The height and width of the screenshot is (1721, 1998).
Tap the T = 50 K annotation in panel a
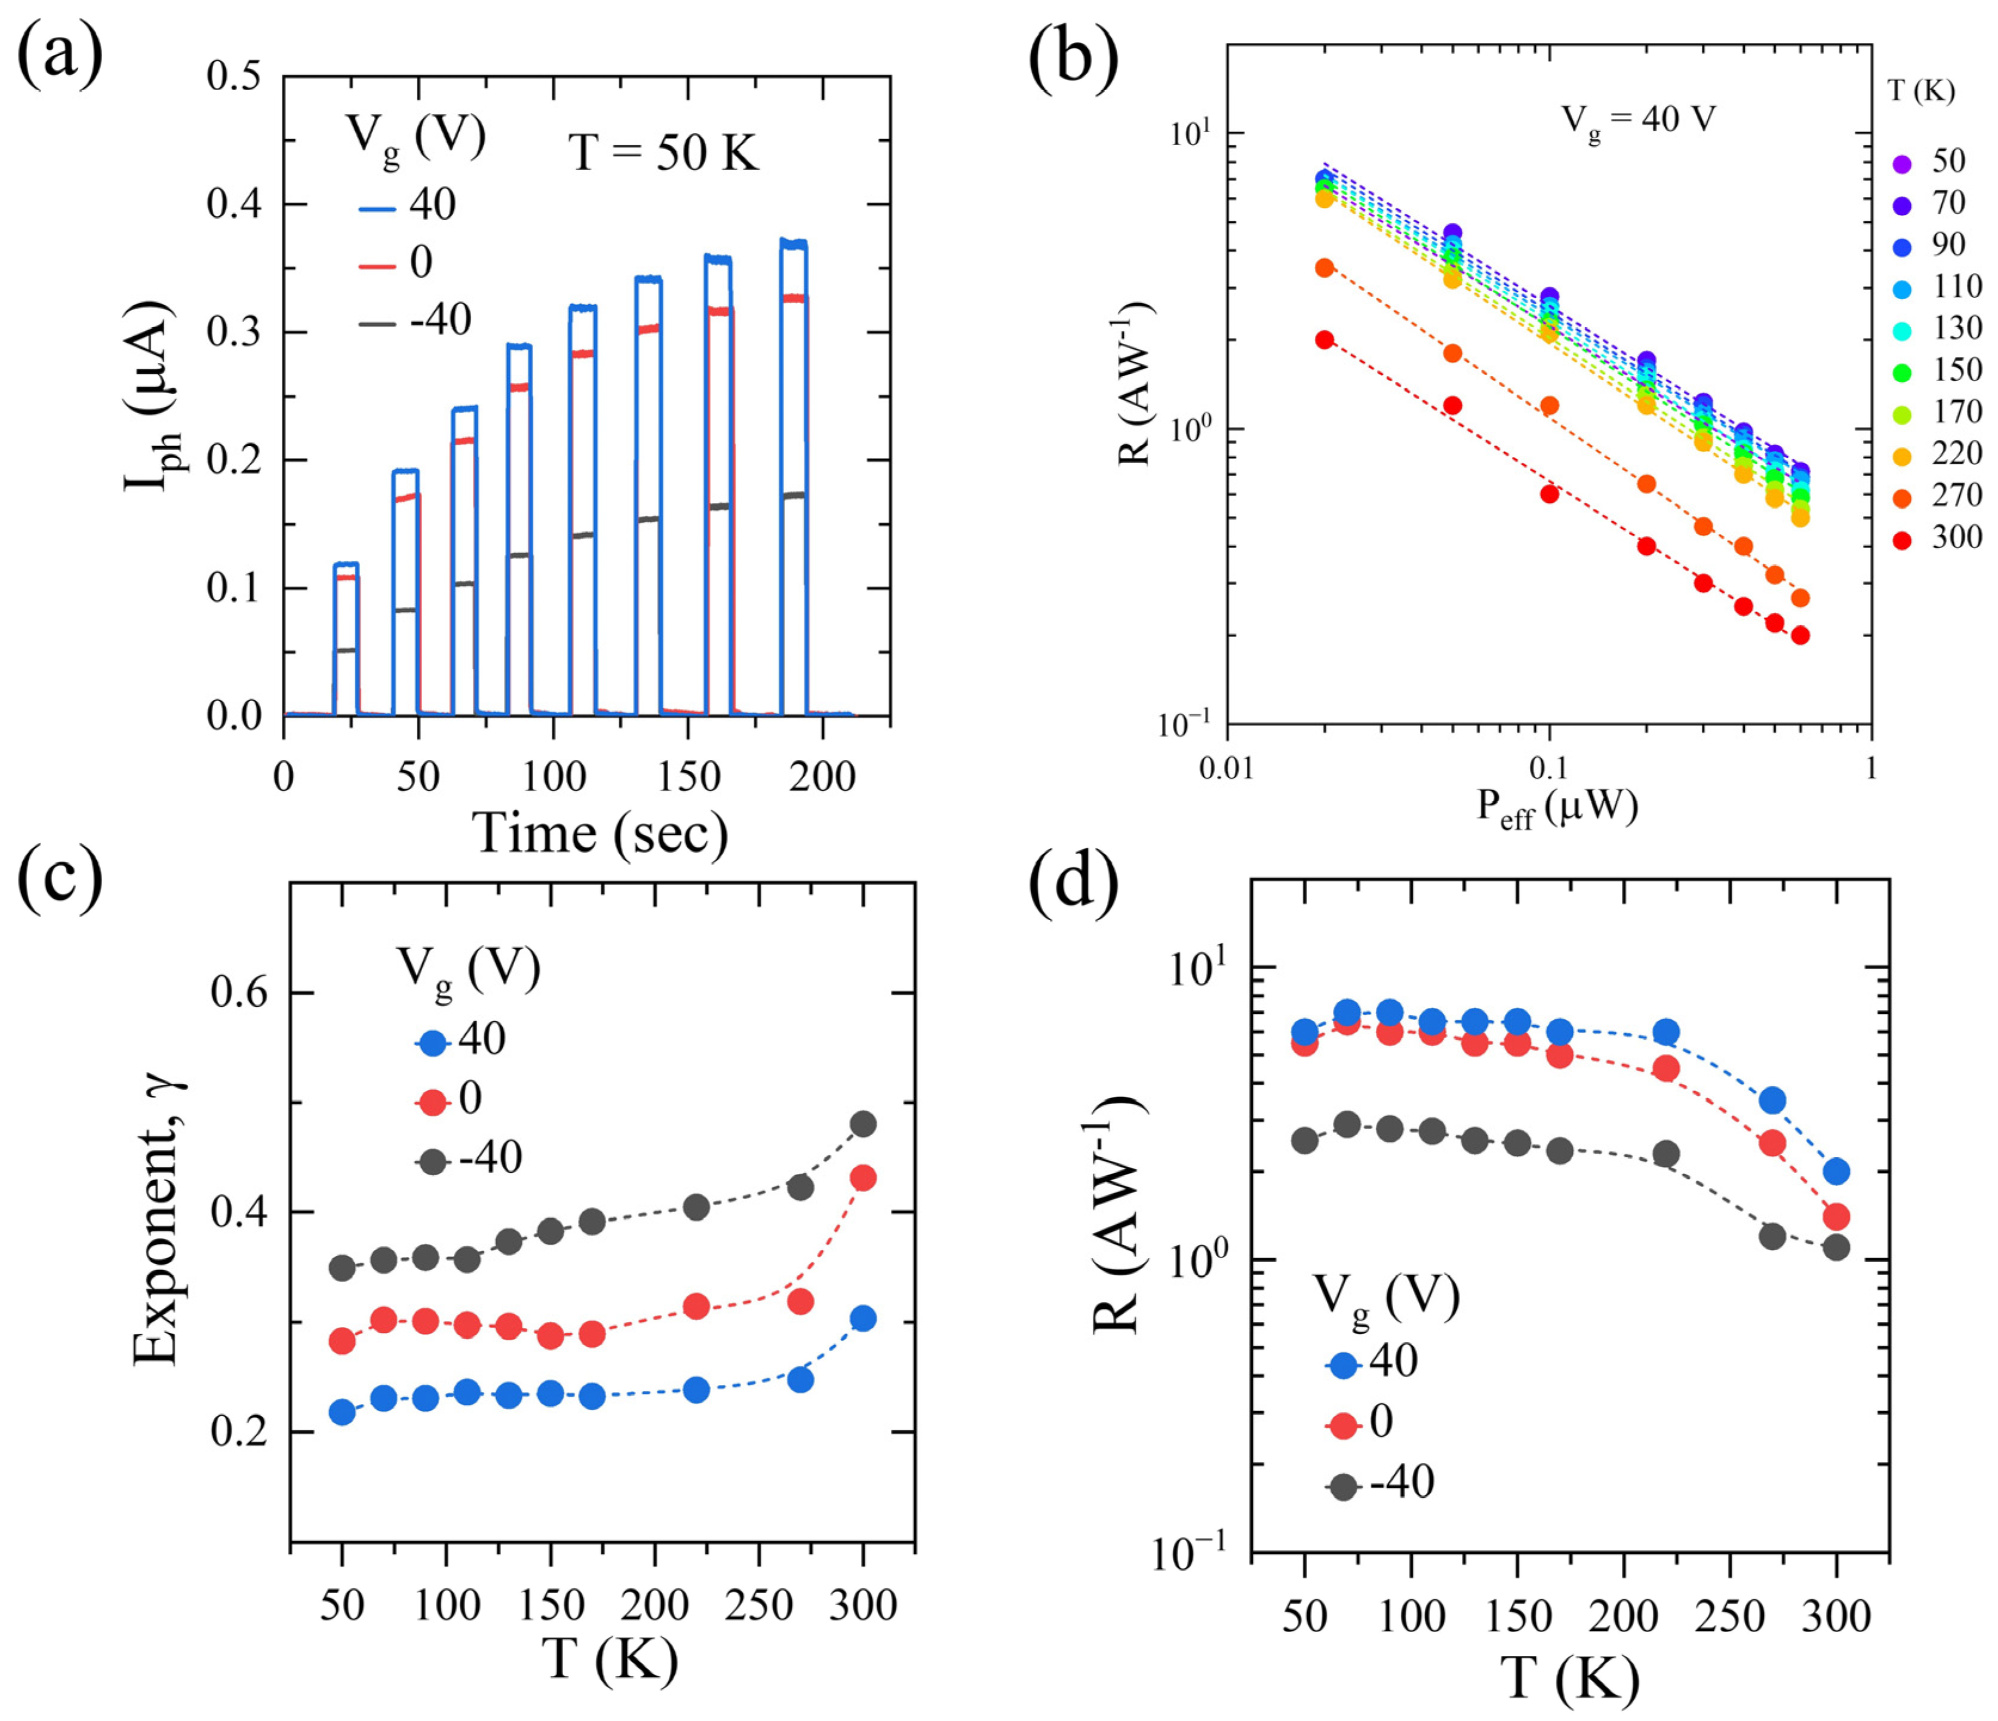(663, 152)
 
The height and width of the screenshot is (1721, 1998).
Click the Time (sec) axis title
(600, 834)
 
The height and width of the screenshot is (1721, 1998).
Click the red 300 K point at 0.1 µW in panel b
(1548, 494)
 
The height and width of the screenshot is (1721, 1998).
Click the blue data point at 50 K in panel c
(342, 1412)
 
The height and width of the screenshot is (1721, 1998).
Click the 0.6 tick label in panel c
(237, 993)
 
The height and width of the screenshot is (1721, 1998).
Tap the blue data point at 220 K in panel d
(1666, 1032)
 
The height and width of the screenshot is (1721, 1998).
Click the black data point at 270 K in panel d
(1772, 1236)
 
